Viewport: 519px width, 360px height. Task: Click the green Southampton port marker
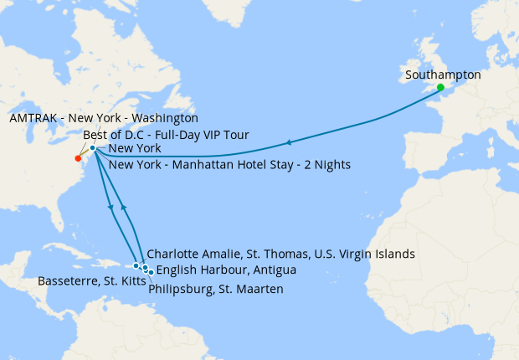point(440,87)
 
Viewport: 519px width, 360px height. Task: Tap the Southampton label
point(443,75)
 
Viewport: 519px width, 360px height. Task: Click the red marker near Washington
point(78,158)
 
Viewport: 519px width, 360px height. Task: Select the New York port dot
point(93,148)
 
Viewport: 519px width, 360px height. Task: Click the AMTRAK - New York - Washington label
point(103,119)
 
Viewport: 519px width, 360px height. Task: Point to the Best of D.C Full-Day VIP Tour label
point(166,134)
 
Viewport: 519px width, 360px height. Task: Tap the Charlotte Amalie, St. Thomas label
point(280,254)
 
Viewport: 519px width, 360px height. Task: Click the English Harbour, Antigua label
point(225,270)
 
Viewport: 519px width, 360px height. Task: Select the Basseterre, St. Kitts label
point(84,281)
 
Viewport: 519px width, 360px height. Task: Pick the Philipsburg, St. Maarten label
point(215,289)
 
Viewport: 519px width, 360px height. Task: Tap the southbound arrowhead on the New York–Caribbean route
point(110,207)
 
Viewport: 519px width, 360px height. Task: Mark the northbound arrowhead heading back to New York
point(124,206)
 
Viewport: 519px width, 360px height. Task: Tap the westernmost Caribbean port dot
point(136,265)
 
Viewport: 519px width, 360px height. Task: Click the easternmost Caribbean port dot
point(151,271)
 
